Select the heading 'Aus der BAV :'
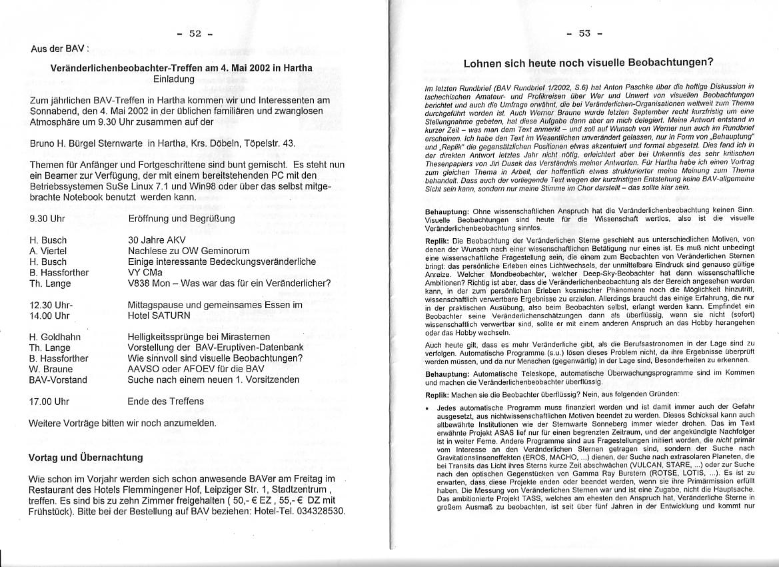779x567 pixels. tap(59, 49)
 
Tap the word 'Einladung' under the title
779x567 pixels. tap(174, 79)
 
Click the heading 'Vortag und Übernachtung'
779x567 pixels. tap(86, 458)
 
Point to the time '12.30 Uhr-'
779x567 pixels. tap(51, 305)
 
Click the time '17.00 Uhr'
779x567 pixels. tap(49, 402)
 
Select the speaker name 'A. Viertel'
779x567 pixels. tap(49, 251)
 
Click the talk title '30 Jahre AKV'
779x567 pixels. tap(157, 240)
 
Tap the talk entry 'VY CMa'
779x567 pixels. tap(145, 272)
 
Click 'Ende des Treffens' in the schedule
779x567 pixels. tap(166, 402)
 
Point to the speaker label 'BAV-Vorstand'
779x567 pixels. tap(59, 380)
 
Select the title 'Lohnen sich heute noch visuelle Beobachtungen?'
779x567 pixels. tap(588, 63)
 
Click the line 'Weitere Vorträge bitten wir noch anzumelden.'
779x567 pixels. tap(123, 423)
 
